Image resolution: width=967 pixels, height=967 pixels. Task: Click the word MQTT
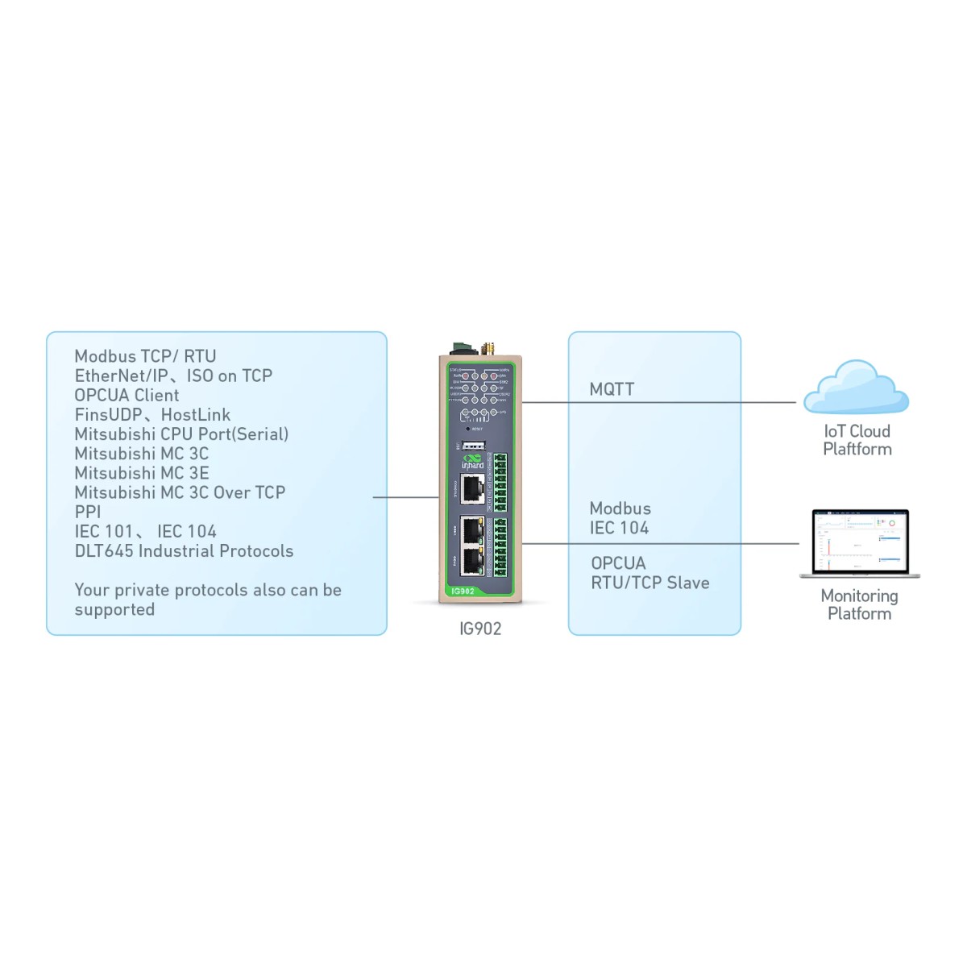(612, 389)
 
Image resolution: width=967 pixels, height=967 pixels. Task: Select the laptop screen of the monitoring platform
(860, 541)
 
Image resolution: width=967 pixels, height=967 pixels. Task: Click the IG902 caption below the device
(480, 629)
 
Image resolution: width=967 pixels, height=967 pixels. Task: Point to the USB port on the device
(474, 444)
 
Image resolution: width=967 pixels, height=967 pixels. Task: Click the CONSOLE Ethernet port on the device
(472, 488)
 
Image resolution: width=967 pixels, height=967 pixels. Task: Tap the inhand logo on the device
(473, 462)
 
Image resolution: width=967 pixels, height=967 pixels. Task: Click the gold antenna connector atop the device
(488, 348)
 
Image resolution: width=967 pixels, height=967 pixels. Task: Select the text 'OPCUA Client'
(127, 395)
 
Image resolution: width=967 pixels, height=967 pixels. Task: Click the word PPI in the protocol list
(88, 512)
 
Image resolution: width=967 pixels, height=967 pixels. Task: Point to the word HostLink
(196, 415)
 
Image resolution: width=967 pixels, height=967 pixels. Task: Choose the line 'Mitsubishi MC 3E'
(142, 473)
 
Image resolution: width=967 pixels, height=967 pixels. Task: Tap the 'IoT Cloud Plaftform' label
(857, 440)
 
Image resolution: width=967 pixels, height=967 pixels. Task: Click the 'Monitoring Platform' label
(859, 604)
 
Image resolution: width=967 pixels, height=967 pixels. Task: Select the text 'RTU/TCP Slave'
(650, 583)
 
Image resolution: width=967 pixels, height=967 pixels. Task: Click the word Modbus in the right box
(620, 508)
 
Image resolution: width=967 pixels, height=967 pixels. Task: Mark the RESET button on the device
(468, 429)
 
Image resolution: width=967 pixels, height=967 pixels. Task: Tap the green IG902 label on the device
(463, 591)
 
